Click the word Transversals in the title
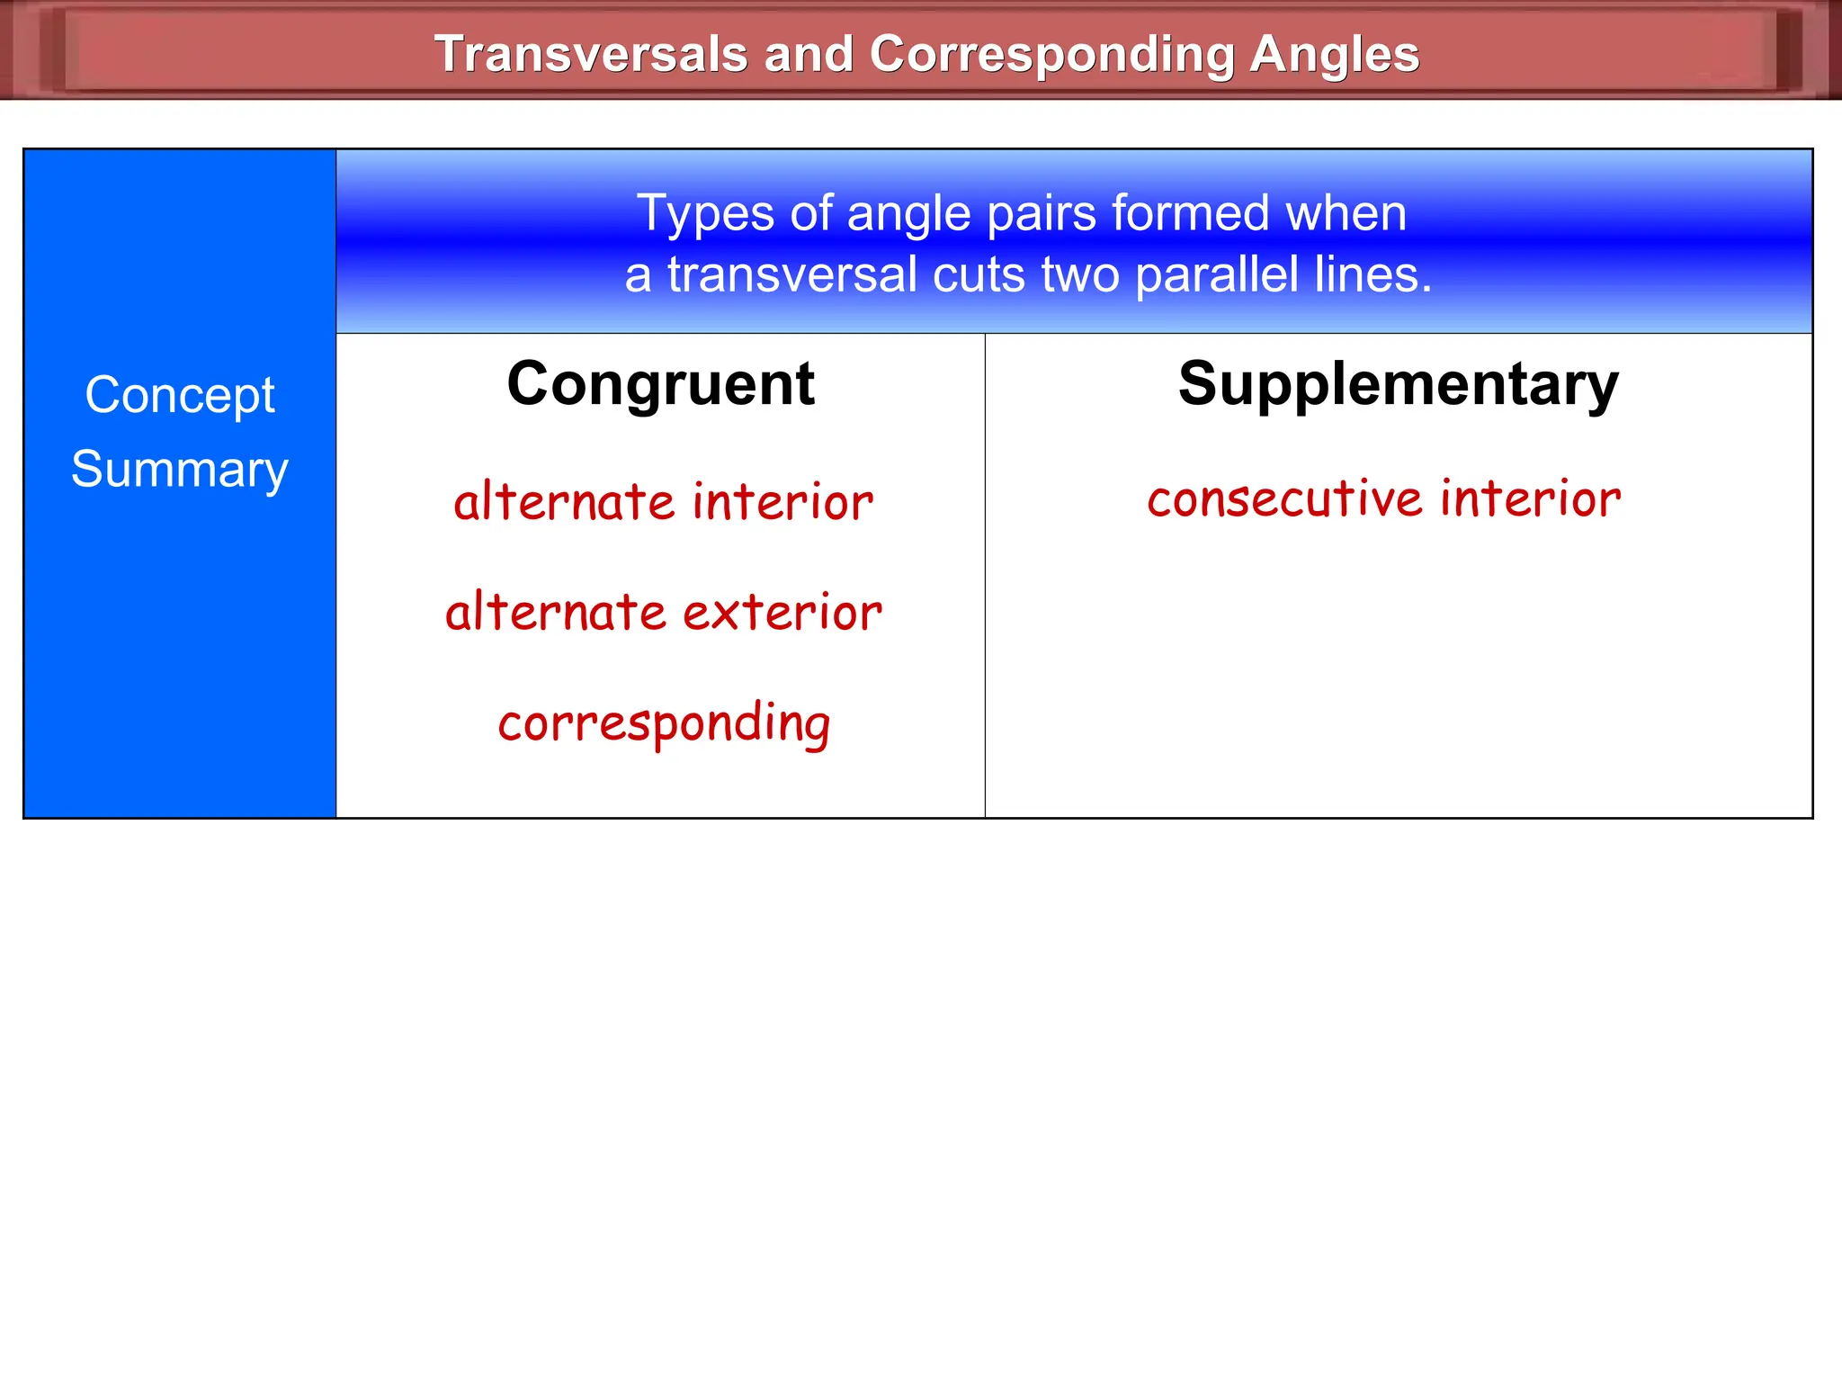[x=591, y=54]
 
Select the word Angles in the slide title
[x=1335, y=54]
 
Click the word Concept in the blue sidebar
[x=180, y=396]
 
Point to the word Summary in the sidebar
[x=180, y=470]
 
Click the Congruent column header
[x=660, y=384]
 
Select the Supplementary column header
[x=1399, y=384]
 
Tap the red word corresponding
[x=664, y=723]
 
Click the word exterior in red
[x=782, y=613]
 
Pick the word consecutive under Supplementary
[x=1284, y=498]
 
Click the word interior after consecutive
[x=1530, y=498]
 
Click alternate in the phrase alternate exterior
[x=555, y=613]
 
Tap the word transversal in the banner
[x=791, y=274]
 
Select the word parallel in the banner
[x=1216, y=274]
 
